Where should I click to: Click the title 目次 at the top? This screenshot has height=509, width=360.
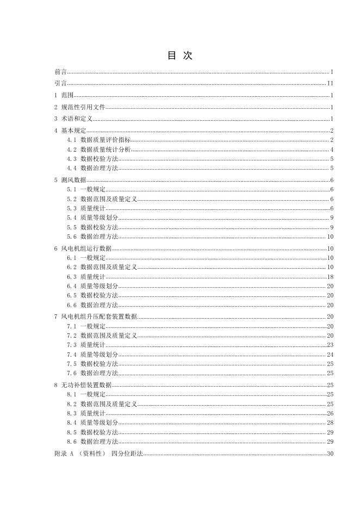pos(179,56)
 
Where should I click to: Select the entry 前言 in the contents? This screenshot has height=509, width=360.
pos(61,72)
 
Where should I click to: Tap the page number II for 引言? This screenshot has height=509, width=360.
pos(330,83)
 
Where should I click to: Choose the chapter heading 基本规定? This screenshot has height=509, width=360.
pos(73,131)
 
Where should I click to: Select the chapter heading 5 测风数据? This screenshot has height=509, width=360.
pos(70,180)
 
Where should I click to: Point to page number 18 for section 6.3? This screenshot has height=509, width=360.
pos(330,277)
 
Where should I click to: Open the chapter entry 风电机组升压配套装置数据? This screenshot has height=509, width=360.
pos(99,316)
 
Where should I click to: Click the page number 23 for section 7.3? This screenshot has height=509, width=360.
pos(330,345)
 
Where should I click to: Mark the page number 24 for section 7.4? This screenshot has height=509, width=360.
pos(330,355)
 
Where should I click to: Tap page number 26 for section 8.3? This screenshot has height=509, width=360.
pos(330,413)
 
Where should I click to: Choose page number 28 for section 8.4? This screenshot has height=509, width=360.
pos(330,423)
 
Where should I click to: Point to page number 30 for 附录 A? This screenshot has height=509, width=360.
pos(330,454)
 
